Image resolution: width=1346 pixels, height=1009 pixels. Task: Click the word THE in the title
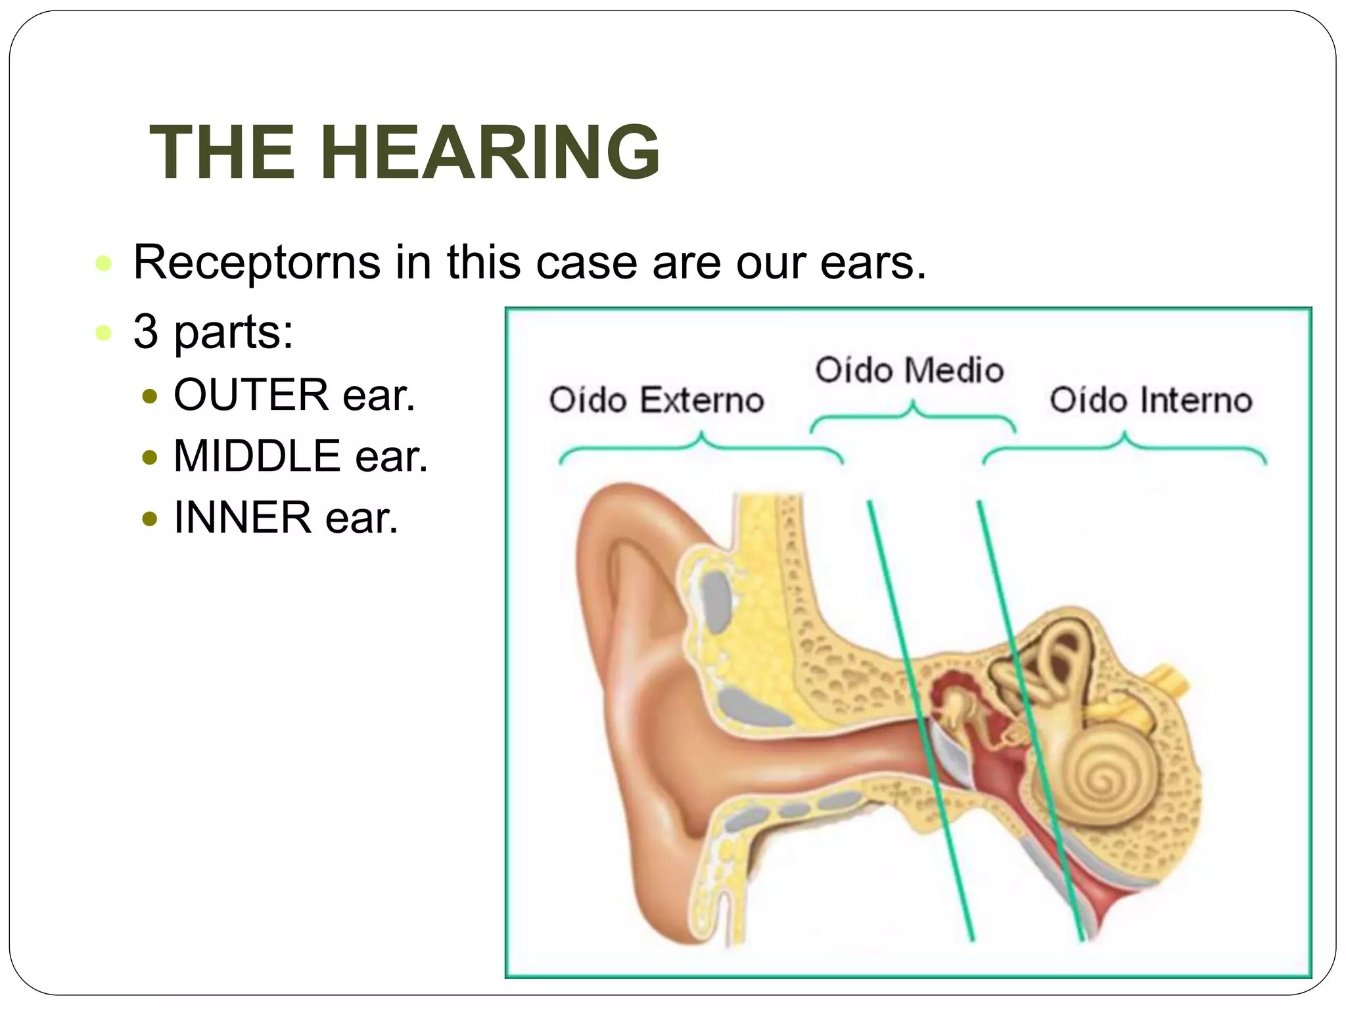[x=222, y=152]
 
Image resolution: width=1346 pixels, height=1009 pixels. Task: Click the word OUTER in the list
[x=250, y=395]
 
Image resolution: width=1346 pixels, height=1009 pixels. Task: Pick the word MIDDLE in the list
[x=257, y=456]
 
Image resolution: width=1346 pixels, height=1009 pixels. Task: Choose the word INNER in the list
[x=242, y=518]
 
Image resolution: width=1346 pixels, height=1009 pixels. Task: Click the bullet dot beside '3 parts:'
[x=103, y=332]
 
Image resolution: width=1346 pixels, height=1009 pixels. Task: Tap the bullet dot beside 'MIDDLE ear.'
[x=150, y=457]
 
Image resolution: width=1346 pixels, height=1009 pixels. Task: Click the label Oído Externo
[x=656, y=400]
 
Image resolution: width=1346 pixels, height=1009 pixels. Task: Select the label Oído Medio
[x=909, y=370]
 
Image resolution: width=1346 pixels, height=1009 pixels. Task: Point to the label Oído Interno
[x=1150, y=400]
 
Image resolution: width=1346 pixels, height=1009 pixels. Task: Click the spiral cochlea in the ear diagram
[x=1111, y=775]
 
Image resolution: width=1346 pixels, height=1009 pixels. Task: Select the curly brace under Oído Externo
[x=701, y=447]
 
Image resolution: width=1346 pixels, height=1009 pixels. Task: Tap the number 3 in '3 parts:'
[x=146, y=332]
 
